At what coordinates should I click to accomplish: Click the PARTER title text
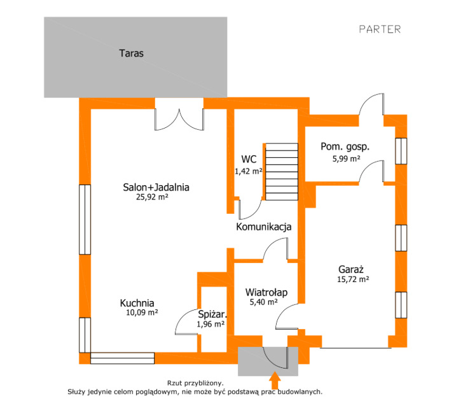tap(380, 29)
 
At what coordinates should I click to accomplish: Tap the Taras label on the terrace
tap(131, 53)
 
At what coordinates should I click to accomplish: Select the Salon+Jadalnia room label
tap(156, 188)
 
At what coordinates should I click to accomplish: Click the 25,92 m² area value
tap(152, 197)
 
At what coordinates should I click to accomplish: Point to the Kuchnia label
tap(137, 303)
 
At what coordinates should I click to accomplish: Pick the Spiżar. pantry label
tap(212, 314)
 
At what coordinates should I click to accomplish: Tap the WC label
tap(249, 159)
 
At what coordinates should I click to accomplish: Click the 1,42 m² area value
tap(249, 171)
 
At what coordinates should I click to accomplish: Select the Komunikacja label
tap(263, 227)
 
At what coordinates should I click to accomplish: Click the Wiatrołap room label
tap(266, 292)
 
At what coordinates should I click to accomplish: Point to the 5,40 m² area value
tap(263, 302)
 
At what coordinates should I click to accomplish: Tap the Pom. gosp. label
tap(345, 146)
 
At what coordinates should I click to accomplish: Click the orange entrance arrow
tap(275, 381)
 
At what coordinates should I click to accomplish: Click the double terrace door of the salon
tap(179, 118)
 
